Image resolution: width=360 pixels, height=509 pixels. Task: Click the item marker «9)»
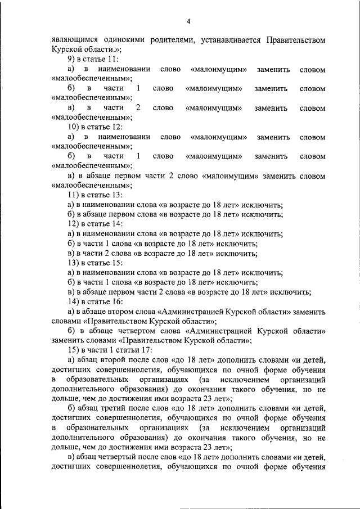tap(72, 60)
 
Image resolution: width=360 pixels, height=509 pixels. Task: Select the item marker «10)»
tap(74, 127)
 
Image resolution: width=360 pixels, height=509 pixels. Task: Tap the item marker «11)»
tap(74, 194)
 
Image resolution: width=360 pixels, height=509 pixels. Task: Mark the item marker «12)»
tap(74, 223)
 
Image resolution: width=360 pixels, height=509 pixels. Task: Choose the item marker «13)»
tap(74, 263)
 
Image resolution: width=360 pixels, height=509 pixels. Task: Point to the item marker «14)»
tap(74, 301)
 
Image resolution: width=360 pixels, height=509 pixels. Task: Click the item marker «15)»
tap(74, 350)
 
